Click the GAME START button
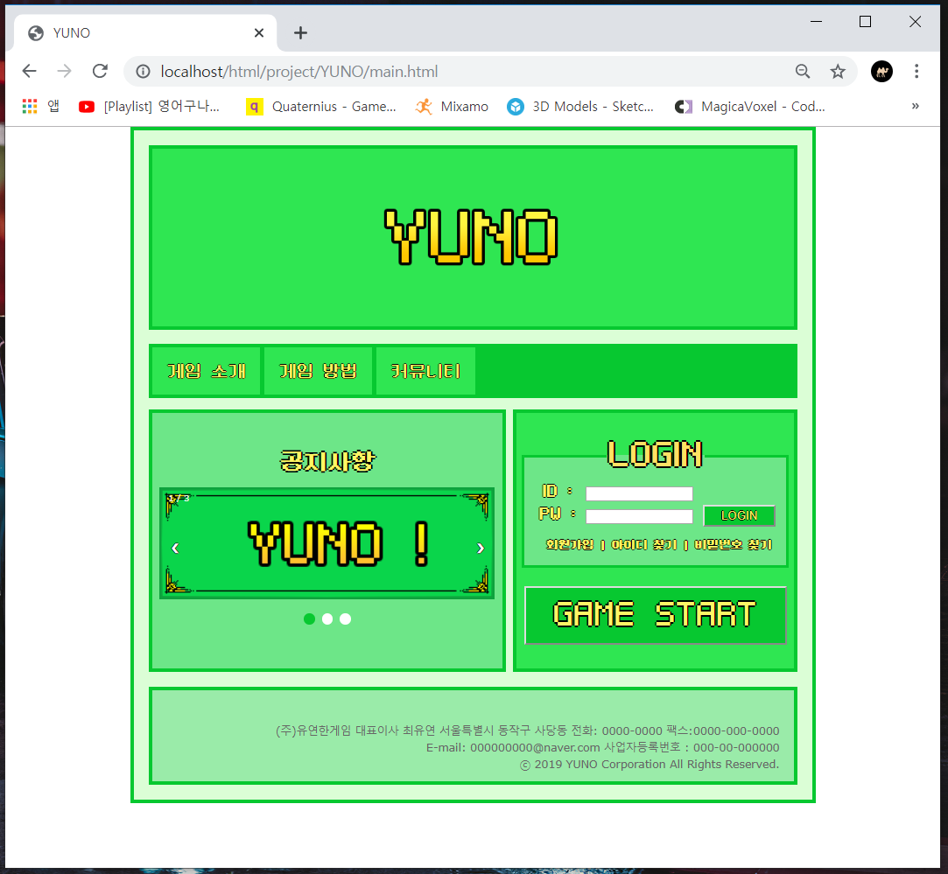[x=655, y=615]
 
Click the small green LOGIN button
[x=739, y=515]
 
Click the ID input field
[x=639, y=493]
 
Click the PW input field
[x=639, y=516]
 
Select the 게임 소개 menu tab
[x=207, y=371]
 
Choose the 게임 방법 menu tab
[x=318, y=371]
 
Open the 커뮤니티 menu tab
[x=425, y=371]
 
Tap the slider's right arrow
[x=480, y=548]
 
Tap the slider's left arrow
[x=175, y=548]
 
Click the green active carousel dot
[x=309, y=619]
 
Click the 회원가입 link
[x=570, y=545]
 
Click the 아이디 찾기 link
[x=644, y=545]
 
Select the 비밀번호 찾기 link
[x=734, y=545]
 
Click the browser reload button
[x=100, y=72]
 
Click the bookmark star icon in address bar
[x=838, y=72]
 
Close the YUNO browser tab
[x=259, y=33]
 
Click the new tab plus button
[x=300, y=33]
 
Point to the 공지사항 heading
[x=327, y=460]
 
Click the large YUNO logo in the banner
[x=472, y=237]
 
